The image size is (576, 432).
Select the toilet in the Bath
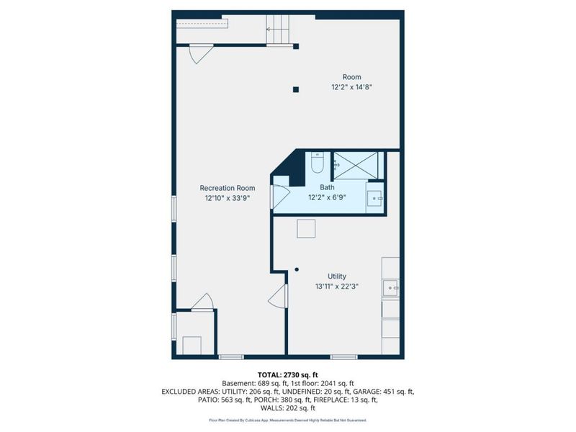[318, 164]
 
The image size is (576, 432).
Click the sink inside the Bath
[375, 198]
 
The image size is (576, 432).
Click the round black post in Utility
[296, 270]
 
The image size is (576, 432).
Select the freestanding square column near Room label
[295, 89]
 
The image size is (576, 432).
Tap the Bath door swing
[279, 196]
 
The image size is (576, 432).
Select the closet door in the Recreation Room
[204, 302]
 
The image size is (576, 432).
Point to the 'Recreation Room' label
[227, 188]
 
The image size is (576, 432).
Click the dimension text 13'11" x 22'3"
[337, 286]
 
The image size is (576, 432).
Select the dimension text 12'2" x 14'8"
[351, 87]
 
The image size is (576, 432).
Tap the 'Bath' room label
[327, 187]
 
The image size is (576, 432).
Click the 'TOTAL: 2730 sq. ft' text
[287, 375]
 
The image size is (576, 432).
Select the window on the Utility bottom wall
[343, 356]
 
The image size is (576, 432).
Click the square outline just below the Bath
[307, 228]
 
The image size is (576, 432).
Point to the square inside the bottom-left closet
[192, 345]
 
